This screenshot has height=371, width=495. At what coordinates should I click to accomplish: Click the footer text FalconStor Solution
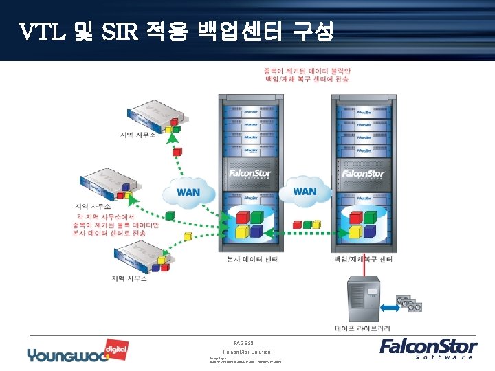point(247,352)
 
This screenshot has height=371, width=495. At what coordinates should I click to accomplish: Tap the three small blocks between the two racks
point(307,224)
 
